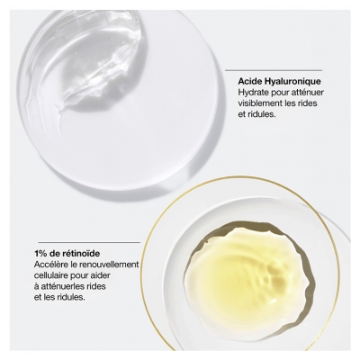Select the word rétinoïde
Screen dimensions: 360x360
77,253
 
